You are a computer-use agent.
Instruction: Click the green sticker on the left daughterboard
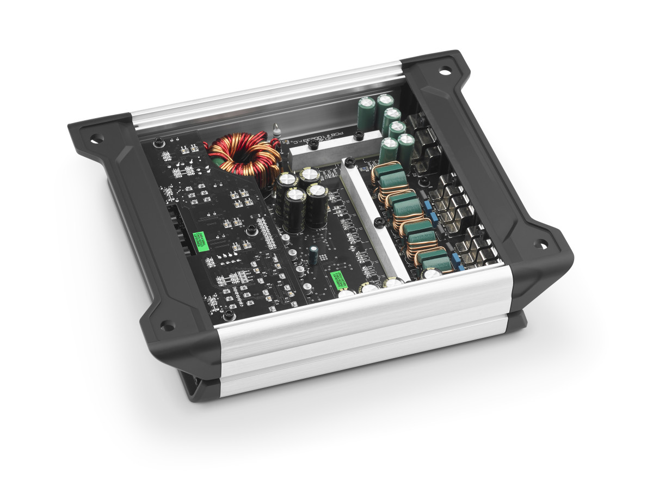click(199, 240)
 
